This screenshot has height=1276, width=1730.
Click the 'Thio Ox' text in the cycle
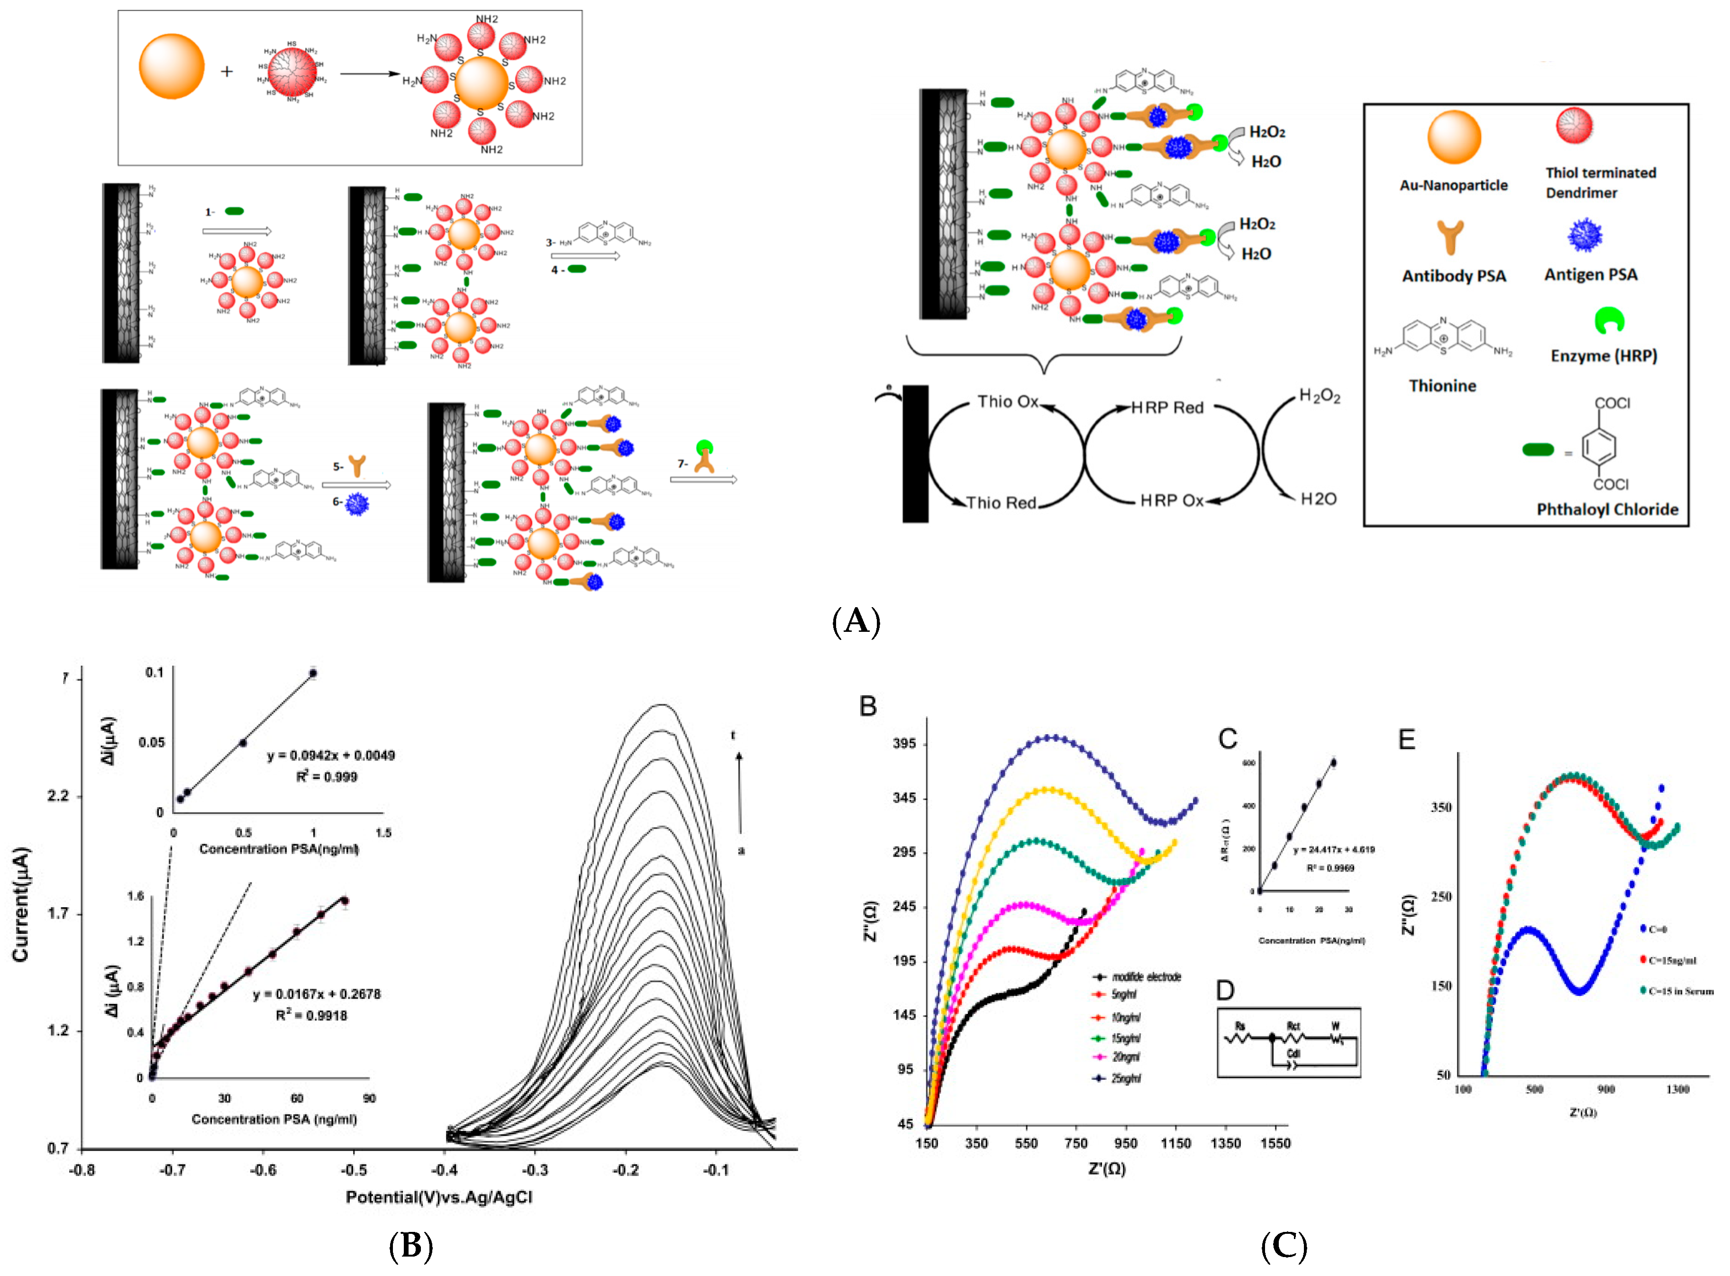[1007, 401]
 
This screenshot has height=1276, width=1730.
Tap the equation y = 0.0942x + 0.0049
[330, 756]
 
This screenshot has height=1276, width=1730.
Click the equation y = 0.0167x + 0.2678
[317, 994]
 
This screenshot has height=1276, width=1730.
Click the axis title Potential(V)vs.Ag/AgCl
[439, 1197]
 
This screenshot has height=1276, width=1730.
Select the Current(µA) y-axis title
[21, 904]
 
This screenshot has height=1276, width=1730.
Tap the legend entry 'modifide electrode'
[1146, 977]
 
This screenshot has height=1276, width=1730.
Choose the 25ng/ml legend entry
[1126, 1078]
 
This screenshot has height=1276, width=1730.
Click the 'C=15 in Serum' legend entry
[1680, 991]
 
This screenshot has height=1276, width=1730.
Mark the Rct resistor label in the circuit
[1293, 1026]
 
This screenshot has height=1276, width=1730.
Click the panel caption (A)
[856, 621]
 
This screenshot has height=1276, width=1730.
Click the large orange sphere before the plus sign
[172, 66]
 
